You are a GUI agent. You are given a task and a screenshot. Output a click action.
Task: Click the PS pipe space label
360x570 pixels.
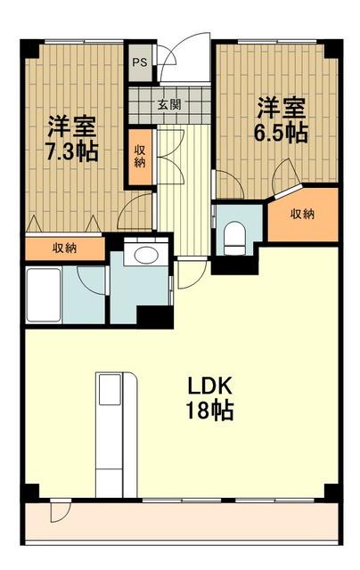pyautogui.click(x=140, y=62)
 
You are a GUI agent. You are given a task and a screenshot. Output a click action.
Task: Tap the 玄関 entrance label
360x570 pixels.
pyautogui.click(x=169, y=105)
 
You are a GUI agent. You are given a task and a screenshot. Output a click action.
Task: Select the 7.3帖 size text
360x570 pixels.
pyautogui.click(x=71, y=151)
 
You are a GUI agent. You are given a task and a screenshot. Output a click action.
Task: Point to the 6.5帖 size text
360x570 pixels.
pyautogui.click(x=281, y=133)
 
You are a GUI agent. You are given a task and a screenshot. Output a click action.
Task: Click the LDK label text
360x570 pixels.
pyautogui.click(x=209, y=387)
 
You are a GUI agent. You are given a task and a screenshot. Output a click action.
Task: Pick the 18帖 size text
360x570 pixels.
pyautogui.click(x=209, y=410)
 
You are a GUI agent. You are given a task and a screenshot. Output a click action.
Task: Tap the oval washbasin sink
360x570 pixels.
pyautogui.click(x=146, y=255)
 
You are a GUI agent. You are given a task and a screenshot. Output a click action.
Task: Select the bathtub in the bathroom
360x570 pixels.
pyautogui.click(x=44, y=295)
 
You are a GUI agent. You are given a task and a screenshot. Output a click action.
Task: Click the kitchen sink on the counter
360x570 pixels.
pyautogui.click(x=110, y=389)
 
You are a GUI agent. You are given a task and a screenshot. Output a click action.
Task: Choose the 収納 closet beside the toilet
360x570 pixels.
pyautogui.click(x=303, y=215)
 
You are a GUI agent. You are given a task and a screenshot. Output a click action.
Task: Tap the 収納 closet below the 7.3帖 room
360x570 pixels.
pyautogui.click(x=65, y=248)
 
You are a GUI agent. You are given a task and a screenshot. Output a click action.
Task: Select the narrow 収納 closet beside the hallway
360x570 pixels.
pyautogui.click(x=140, y=157)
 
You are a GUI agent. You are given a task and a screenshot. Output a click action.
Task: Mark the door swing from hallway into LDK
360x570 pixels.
pyautogui.click(x=192, y=273)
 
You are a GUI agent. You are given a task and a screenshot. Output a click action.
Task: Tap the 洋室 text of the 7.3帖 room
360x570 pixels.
pyautogui.click(x=72, y=126)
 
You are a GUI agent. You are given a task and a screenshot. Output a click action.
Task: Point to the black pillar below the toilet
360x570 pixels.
pyautogui.click(x=234, y=265)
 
